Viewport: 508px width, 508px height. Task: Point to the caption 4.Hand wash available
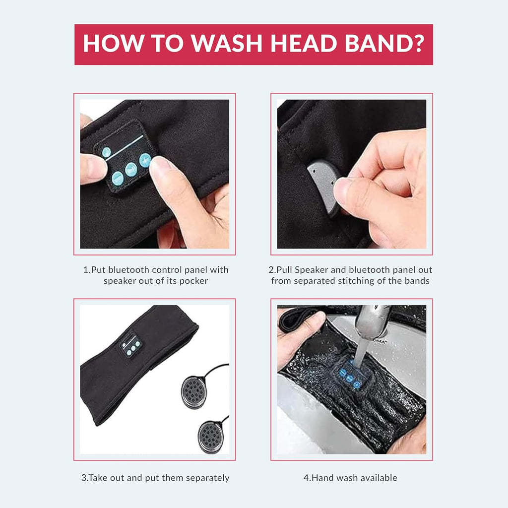point(350,478)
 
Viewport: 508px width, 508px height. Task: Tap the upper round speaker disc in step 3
point(194,392)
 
